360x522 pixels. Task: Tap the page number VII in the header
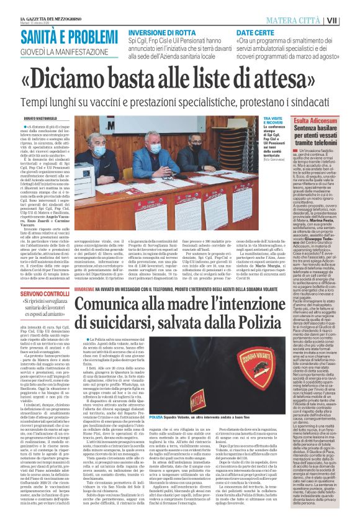349,20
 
